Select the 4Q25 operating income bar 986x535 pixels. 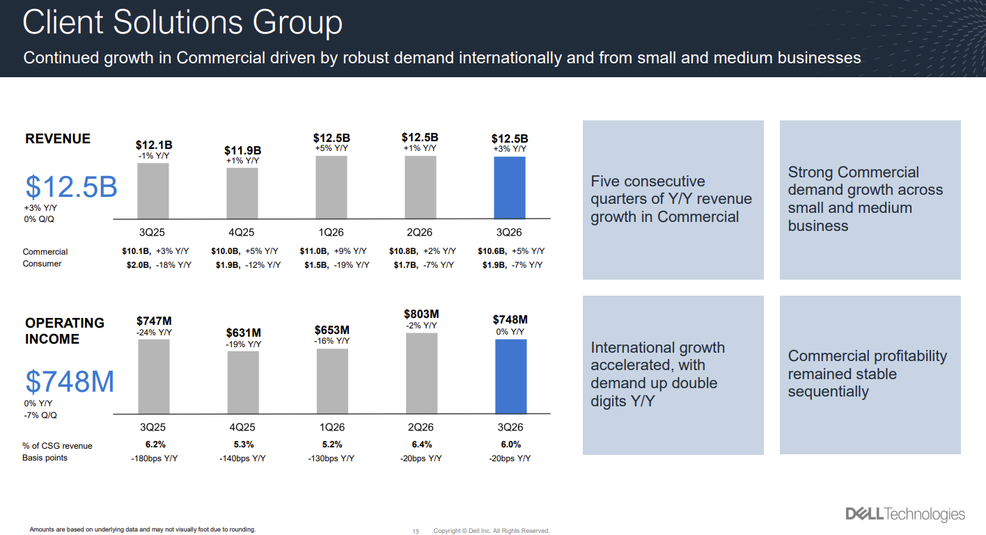pyautogui.click(x=242, y=382)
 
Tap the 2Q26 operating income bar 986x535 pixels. pyautogui.click(x=421, y=373)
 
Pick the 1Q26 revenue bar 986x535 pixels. pyautogui.click(x=331, y=186)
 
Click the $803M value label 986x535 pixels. pyautogui.click(x=421, y=314)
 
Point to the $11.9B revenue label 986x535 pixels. pyautogui.click(x=242, y=150)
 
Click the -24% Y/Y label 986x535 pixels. pyautogui.click(x=154, y=333)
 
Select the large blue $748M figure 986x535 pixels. pyautogui.click(x=70, y=382)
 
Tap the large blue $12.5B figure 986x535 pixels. pyautogui.click(x=71, y=187)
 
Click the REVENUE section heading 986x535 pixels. pyautogui.click(x=58, y=138)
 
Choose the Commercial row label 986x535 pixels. pyautogui.click(x=45, y=252)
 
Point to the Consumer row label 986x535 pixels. pyautogui.click(x=42, y=264)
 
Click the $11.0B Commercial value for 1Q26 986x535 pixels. pyautogui.click(x=313, y=251)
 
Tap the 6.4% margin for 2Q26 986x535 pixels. pyautogui.click(x=421, y=445)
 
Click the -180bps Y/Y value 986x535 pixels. pyautogui.click(x=153, y=458)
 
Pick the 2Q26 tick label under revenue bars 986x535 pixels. pyautogui.click(x=421, y=232)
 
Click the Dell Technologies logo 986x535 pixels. pyautogui.click(x=905, y=514)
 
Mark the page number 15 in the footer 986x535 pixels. pyautogui.click(x=416, y=531)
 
